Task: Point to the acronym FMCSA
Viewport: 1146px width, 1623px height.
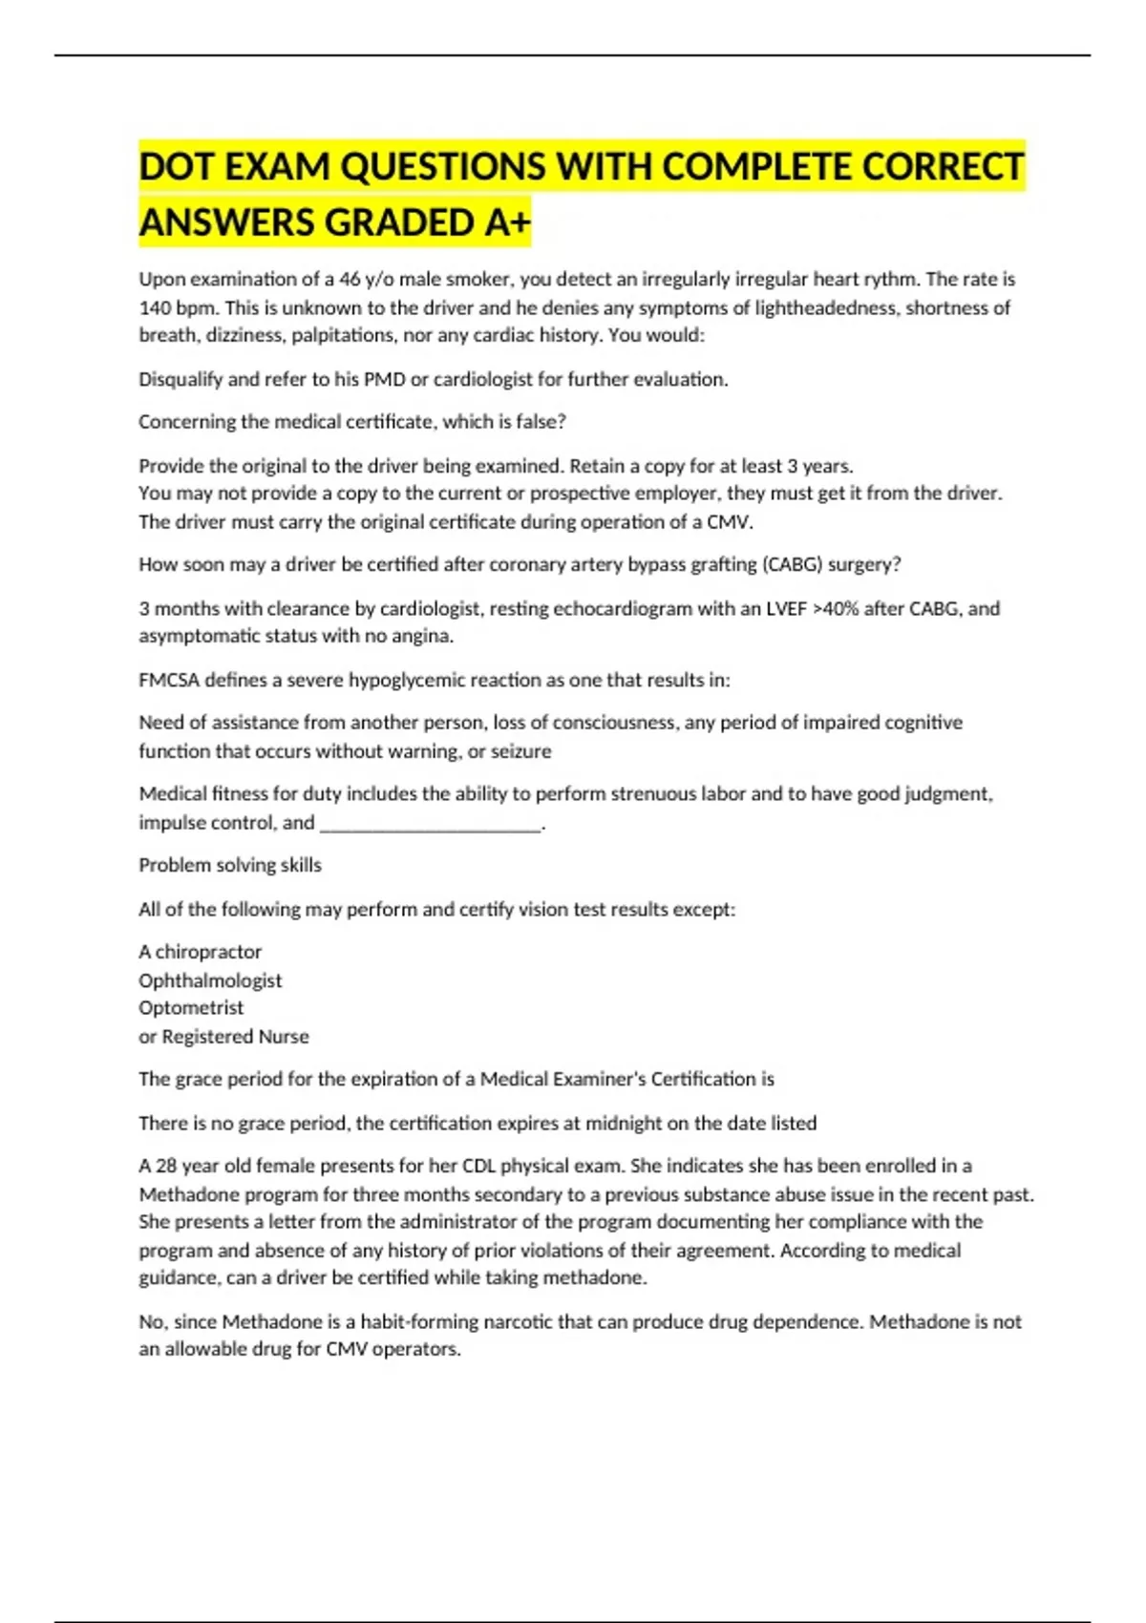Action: coord(168,681)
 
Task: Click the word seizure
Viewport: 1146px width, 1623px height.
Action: coord(520,751)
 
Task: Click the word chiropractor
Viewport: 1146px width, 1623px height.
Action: coord(208,952)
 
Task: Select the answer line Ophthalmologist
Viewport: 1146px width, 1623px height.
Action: coord(210,980)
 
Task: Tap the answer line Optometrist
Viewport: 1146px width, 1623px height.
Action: coord(191,1008)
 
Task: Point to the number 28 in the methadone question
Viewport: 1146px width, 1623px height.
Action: coord(166,1166)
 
